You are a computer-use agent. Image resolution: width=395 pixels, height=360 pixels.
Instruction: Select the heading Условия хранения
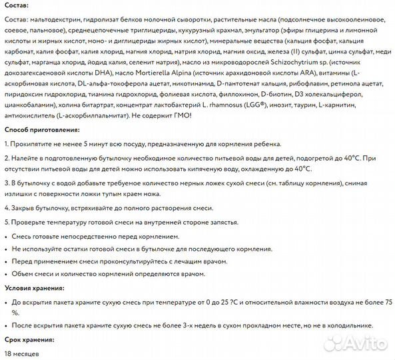point(35,288)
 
